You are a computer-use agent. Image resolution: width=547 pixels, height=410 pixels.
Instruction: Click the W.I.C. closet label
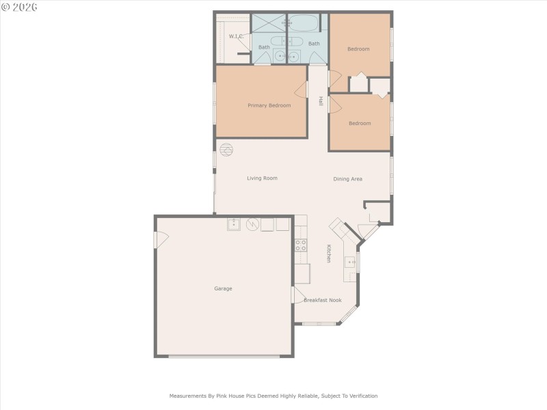pyautogui.click(x=237, y=36)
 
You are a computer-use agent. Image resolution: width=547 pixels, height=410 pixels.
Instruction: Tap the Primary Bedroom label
pyautogui.click(x=269, y=105)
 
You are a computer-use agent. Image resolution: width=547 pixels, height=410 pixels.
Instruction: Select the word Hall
pyautogui.click(x=320, y=101)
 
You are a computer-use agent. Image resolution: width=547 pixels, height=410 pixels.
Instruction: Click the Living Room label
pyautogui.click(x=262, y=178)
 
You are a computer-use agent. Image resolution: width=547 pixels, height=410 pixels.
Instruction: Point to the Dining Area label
pyautogui.click(x=347, y=179)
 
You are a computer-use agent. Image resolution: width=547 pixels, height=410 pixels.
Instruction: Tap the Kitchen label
pyautogui.click(x=329, y=254)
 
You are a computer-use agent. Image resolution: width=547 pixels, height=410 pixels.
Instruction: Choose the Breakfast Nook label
pyautogui.click(x=323, y=300)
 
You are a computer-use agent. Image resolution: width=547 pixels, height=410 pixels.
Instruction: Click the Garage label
pyautogui.click(x=223, y=288)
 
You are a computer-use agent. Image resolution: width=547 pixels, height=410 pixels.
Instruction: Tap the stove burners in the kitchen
pyautogui.click(x=301, y=245)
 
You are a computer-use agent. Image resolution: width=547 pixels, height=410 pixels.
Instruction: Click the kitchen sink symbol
pyautogui.click(x=351, y=262)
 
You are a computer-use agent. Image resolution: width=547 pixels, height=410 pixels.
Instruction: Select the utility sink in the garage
pyautogui.click(x=234, y=223)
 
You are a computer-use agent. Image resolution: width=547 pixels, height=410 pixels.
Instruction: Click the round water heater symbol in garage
pyautogui.click(x=252, y=223)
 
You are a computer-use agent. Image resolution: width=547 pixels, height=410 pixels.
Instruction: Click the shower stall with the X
pyautogui.click(x=269, y=23)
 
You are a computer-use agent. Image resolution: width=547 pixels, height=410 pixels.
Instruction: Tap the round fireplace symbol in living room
pyautogui.click(x=226, y=148)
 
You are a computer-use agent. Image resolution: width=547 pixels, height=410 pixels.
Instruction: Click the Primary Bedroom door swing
pyautogui.click(x=302, y=90)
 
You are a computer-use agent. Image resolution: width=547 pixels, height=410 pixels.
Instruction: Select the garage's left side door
pyautogui.click(x=161, y=240)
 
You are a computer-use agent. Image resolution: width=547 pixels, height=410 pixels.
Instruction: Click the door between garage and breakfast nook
pyautogui.click(x=298, y=295)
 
